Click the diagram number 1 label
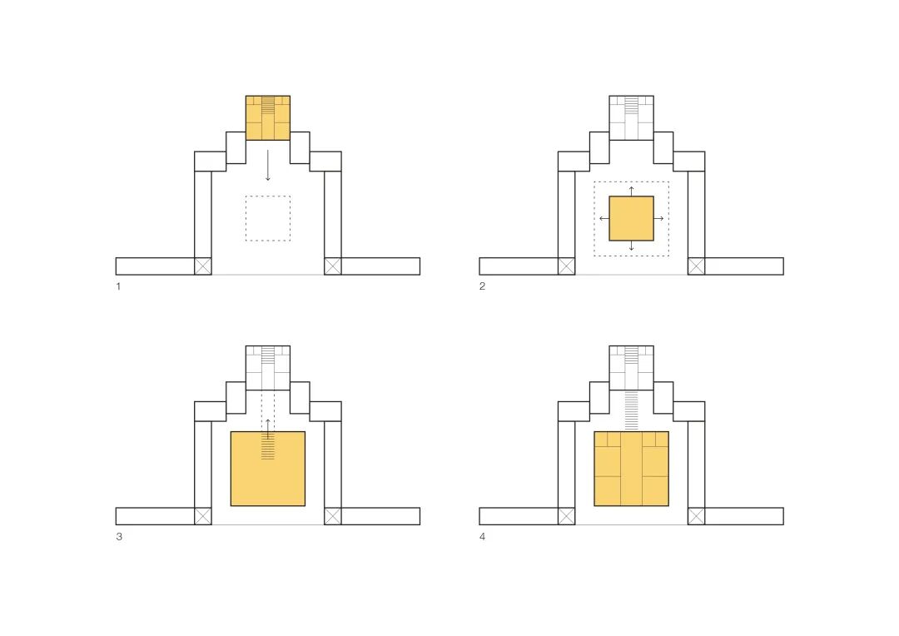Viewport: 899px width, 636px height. coord(118,286)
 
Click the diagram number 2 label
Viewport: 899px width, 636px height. coord(482,286)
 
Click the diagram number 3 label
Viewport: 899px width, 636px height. coord(119,536)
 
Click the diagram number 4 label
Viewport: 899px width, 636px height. coord(482,536)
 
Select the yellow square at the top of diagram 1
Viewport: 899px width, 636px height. coord(268,118)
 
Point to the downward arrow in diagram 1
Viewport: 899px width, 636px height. coord(268,166)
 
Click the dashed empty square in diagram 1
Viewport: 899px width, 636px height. coord(268,218)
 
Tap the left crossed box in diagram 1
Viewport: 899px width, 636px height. coord(203,266)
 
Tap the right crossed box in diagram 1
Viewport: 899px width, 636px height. coord(332,266)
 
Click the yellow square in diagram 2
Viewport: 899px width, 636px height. coord(631,218)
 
